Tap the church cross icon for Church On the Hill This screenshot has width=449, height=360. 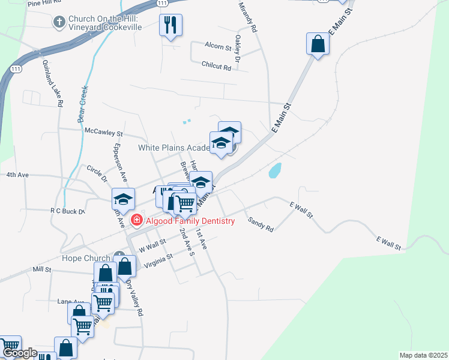[x=59, y=23]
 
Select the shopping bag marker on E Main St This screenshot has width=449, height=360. [x=318, y=44]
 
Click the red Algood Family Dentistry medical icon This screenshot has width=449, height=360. [x=137, y=221]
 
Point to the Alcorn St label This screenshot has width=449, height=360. [x=218, y=47]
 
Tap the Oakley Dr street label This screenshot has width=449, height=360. [x=238, y=49]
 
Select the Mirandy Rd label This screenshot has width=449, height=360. [x=248, y=17]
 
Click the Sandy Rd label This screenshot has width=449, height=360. [x=261, y=224]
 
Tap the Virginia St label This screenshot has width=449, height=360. [x=156, y=259]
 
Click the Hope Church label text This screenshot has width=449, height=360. [x=86, y=259]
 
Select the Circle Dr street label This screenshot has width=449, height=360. [x=96, y=175]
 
